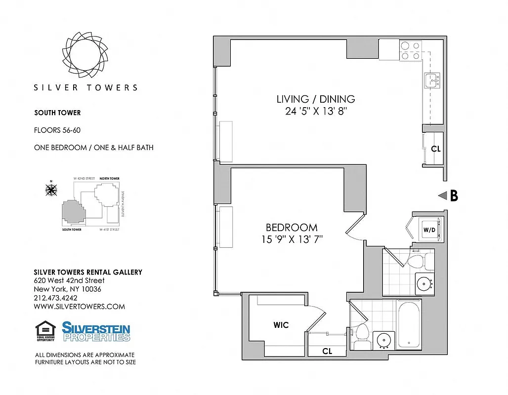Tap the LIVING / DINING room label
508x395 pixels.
(315, 99)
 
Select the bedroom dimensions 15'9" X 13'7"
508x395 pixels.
(292, 239)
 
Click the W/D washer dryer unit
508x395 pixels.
(428, 230)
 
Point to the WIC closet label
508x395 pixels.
(281, 325)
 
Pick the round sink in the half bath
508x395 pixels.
(423, 284)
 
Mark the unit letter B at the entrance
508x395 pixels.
(453, 196)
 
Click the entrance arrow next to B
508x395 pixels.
(442, 196)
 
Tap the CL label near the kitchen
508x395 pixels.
(435, 149)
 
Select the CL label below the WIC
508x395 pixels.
(327, 351)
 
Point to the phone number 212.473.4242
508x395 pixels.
(55, 298)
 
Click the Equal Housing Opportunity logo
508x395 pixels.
(45, 331)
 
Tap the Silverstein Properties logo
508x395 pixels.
(96, 331)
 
